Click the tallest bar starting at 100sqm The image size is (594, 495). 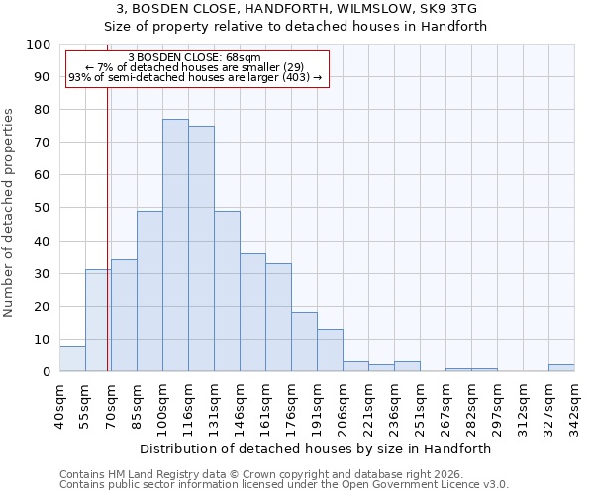point(175,246)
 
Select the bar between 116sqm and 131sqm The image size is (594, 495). point(201,248)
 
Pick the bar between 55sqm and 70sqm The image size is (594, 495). point(98,321)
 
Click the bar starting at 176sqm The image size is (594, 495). point(304,343)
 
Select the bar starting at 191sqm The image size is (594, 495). point(330,350)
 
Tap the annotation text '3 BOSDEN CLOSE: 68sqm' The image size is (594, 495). point(195,58)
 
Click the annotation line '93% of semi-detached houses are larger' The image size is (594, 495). point(195,77)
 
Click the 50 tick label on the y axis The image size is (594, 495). point(43,208)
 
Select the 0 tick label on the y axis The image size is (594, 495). point(47,372)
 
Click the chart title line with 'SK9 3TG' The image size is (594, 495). point(296,9)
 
